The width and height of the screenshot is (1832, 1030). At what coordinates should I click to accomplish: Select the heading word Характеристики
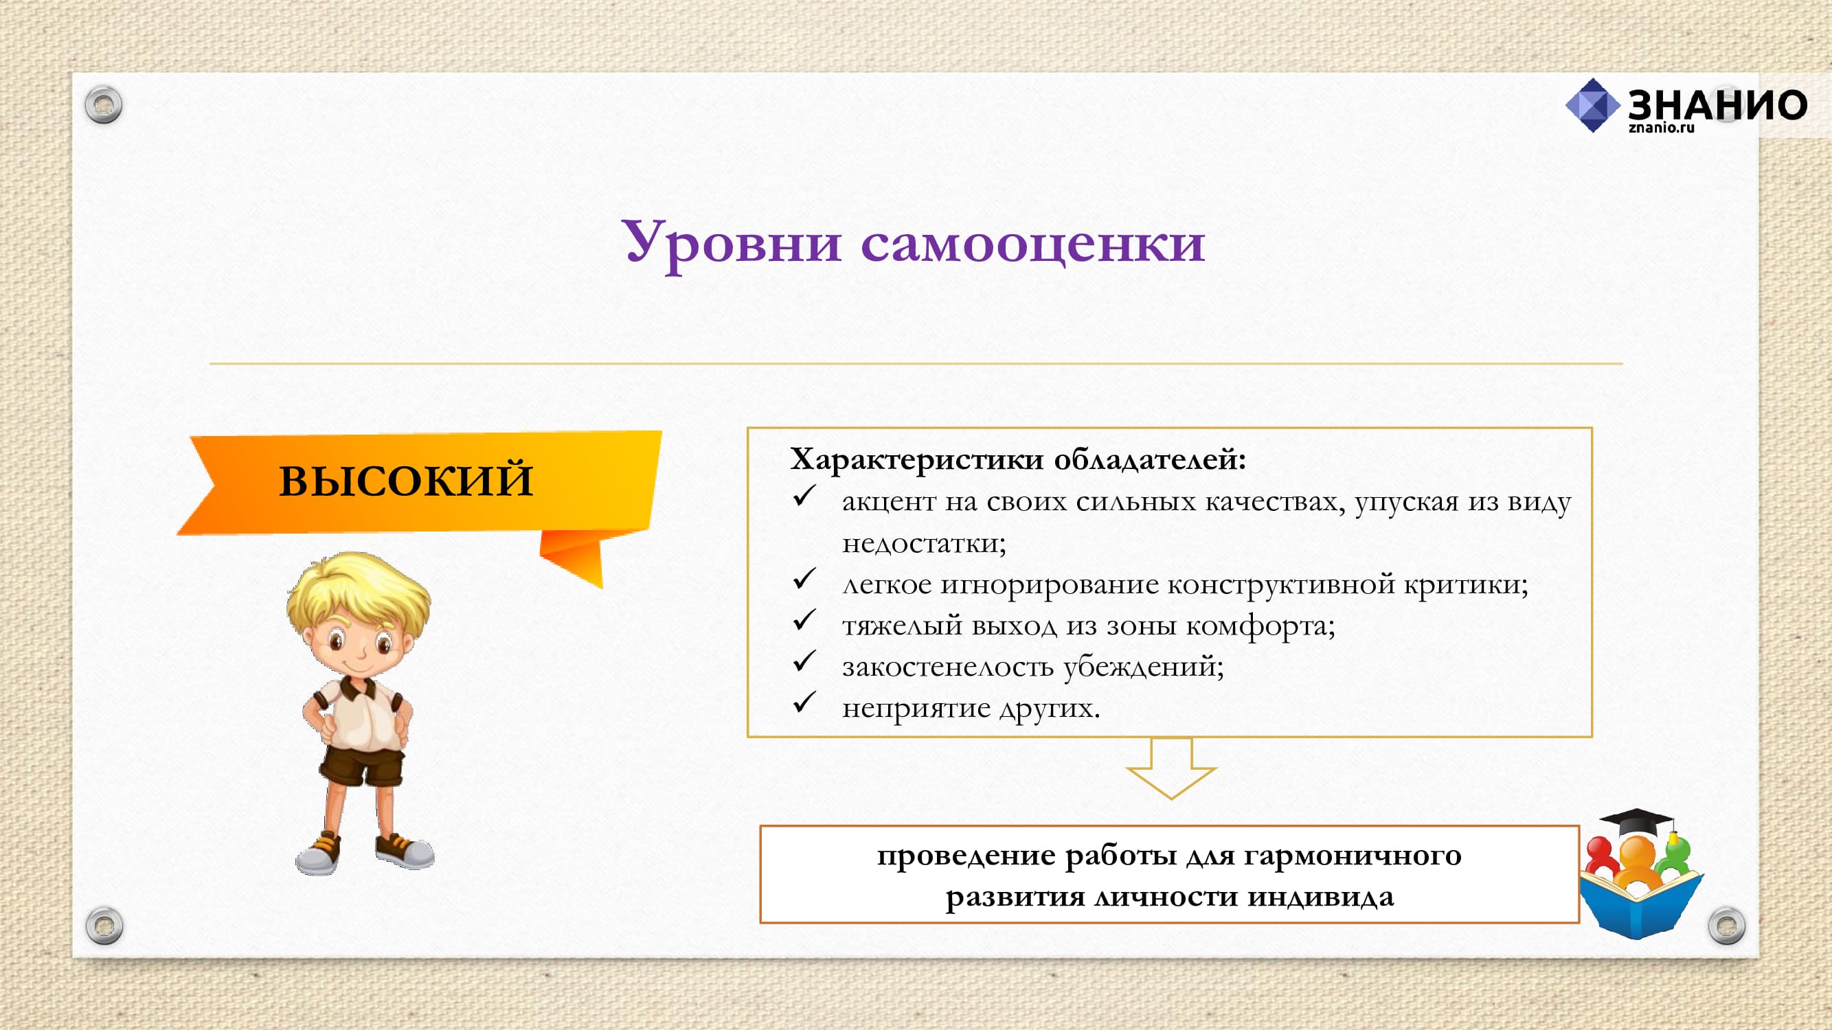pos(917,459)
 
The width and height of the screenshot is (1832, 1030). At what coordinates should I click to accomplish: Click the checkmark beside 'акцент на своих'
pos(804,496)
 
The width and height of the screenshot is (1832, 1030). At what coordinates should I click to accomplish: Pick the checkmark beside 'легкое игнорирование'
pos(804,579)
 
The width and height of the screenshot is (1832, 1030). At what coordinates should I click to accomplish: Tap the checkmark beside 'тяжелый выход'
pos(804,620)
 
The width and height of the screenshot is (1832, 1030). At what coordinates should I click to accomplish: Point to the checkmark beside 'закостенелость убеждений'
pos(804,661)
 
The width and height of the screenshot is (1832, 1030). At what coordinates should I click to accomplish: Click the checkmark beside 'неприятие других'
pos(804,702)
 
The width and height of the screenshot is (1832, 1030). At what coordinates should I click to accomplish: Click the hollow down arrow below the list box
pos(1171,768)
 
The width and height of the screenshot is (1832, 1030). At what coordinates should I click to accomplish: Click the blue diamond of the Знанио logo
pos(1593,106)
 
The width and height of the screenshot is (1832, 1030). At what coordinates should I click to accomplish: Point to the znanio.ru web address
pos(1662,128)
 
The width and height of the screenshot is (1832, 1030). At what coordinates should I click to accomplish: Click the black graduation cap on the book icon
pos(1635,824)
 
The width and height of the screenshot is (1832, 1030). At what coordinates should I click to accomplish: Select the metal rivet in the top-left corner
pos(103,106)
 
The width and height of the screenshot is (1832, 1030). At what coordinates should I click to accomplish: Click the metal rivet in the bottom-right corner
pos(1727,925)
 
